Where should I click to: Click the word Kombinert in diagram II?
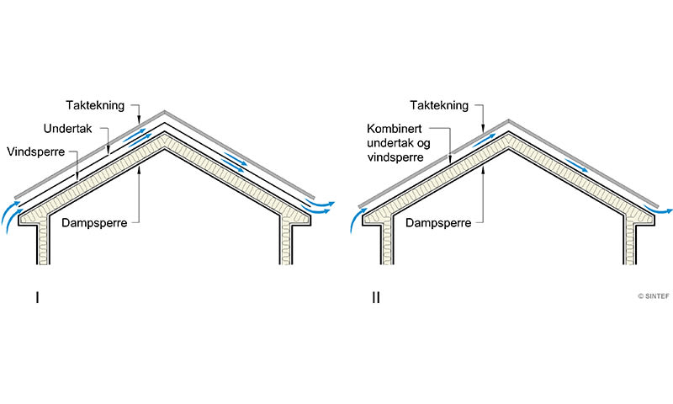coord(394,132)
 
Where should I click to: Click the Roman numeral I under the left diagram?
coord(36,297)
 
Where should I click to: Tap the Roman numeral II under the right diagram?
coord(375,297)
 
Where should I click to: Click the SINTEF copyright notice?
coord(653,296)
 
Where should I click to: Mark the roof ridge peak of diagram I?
coord(164,112)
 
